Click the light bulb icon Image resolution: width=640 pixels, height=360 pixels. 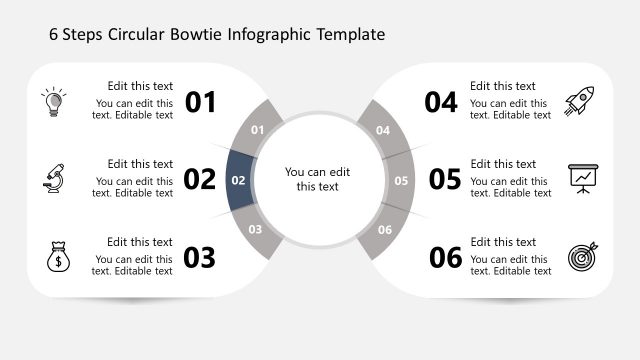pyautogui.click(x=53, y=101)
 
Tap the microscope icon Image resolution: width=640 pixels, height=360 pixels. pyautogui.click(x=53, y=179)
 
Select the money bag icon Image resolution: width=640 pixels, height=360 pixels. pyautogui.click(x=56, y=257)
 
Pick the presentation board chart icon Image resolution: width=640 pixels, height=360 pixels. pyautogui.click(x=582, y=178)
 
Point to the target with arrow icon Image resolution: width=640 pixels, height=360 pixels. pyautogui.click(x=582, y=257)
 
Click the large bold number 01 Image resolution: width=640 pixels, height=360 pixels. pyautogui.click(x=200, y=102)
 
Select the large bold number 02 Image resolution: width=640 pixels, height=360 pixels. pyautogui.click(x=200, y=180)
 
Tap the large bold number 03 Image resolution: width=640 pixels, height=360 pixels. pyautogui.click(x=200, y=258)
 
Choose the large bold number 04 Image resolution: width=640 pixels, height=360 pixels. pyautogui.click(x=441, y=102)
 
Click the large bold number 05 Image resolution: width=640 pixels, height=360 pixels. pyautogui.click(x=445, y=180)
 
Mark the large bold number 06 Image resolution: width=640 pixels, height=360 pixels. pyautogui.click(x=445, y=258)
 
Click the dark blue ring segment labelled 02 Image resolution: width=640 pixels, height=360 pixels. pyautogui.click(x=239, y=181)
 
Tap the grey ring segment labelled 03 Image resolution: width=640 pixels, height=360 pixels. pyautogui.click(x=256, y=230)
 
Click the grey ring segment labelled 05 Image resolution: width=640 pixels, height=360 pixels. pyautogui.click(x=401, y=181)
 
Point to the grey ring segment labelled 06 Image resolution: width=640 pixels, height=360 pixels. pyautogui.click(x=384, y=230)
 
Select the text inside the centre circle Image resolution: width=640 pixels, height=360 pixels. pyautogui.click(x=318, y=179)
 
